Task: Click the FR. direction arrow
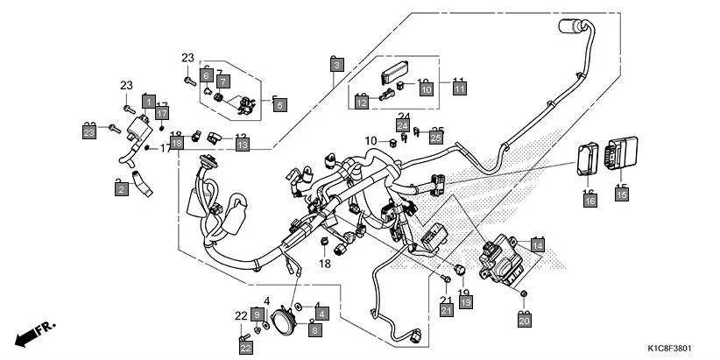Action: [x=35, y=335]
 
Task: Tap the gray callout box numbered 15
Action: [x=621, y=194]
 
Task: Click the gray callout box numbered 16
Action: [x=589, y=201]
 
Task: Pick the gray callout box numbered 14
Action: [x=537, y=246]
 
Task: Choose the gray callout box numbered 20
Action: [x=525, y=321]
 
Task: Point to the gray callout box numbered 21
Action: [x=446, y=310]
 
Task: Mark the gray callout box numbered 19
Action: [x=466, y=302]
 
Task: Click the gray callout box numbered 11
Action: [x=460, y=88]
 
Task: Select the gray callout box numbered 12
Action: [x=361, y=102]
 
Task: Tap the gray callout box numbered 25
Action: [x=436, y=136]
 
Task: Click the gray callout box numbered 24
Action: [x=402, y=126]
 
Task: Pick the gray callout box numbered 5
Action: [x=279, y=105]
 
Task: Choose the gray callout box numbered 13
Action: [x=242, y=144]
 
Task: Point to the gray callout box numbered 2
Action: [x=121, y=188]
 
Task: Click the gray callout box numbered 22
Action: [x=244, y=348]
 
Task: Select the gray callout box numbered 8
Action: [x=315, y=329]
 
